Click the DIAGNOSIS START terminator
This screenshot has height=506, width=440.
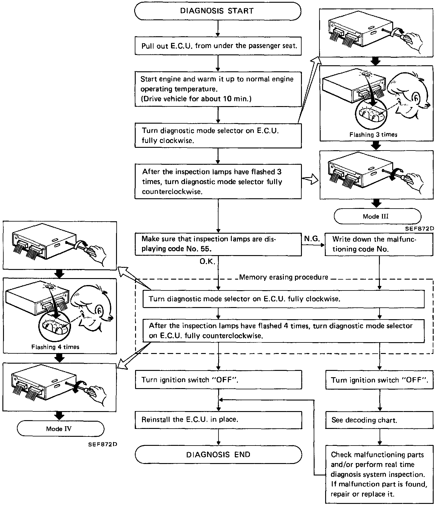(x=218, y=11)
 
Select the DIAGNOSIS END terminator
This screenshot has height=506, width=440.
(x=218, y=455)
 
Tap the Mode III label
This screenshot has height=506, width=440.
(x=377, y=216)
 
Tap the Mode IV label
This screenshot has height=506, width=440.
(x=60, y=429)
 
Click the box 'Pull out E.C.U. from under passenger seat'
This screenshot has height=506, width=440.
(x=218, y=46)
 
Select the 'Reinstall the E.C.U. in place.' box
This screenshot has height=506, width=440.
(x=218, y=420)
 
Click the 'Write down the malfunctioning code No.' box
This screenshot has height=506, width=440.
(x=379, y=244)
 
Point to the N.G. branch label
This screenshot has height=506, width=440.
(x=312, y=239)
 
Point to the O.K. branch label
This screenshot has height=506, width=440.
(x=207, y=262)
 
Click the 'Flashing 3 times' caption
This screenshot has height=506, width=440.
(x=373, y=135)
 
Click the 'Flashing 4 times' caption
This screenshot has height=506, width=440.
(x=55, y=347)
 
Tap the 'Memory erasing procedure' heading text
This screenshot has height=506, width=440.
(x=283, y=277)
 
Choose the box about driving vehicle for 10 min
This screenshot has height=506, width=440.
(x=218, y=89)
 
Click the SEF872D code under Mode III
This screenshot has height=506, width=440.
(x=419, y=229)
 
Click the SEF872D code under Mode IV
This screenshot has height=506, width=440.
(x=103, y=444)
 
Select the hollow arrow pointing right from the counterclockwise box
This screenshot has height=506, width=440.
(x=310, y=180)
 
